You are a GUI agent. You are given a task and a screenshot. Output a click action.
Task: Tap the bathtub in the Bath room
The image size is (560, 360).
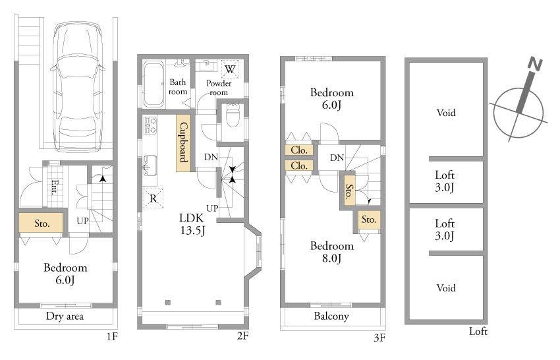[154, 84]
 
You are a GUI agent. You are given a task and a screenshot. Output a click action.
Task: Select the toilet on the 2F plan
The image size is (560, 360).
[231, 118]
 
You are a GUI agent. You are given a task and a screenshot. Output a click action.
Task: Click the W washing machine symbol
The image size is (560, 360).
[230, 69]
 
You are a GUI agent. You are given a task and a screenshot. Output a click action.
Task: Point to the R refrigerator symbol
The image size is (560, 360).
[152, 197]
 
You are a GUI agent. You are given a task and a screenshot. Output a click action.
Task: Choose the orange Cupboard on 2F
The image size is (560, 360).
[184, 143]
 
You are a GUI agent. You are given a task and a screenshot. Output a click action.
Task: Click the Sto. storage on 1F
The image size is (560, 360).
[41, 223]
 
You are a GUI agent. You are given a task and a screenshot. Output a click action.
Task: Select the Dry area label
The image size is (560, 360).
[65, 316]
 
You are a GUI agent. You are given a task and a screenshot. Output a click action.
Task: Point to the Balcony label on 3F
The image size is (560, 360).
[331, 316]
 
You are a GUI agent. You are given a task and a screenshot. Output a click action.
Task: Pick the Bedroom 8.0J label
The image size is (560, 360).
[331, 252]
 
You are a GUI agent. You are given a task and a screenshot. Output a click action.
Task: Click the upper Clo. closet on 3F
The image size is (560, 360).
[299, 150]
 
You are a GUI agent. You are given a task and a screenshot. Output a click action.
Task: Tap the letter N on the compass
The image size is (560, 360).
[536, 65]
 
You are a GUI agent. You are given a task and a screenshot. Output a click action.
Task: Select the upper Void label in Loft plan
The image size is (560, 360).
[445, 113]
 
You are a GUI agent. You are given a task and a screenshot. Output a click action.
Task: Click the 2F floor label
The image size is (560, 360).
[242, 336]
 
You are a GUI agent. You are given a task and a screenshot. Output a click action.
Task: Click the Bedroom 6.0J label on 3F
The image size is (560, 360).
[331, 98]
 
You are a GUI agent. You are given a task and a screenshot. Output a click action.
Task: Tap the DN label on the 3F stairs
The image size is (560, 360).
[336, 158]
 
